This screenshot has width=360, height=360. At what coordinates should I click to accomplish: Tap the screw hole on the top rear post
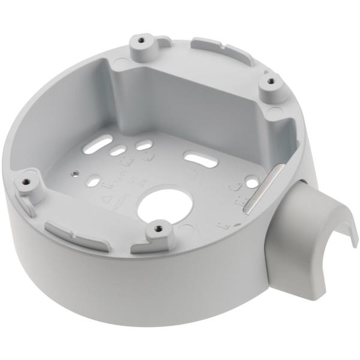141,40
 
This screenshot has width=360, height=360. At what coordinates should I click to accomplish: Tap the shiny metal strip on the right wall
259,187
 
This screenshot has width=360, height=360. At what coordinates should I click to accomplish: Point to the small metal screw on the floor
74,172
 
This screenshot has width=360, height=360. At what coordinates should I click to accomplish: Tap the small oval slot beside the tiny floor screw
94,178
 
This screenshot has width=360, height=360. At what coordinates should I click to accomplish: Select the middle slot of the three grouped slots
118,150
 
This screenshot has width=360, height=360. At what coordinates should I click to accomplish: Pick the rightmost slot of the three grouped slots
143,145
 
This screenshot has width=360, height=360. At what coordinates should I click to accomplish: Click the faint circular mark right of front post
185,229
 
